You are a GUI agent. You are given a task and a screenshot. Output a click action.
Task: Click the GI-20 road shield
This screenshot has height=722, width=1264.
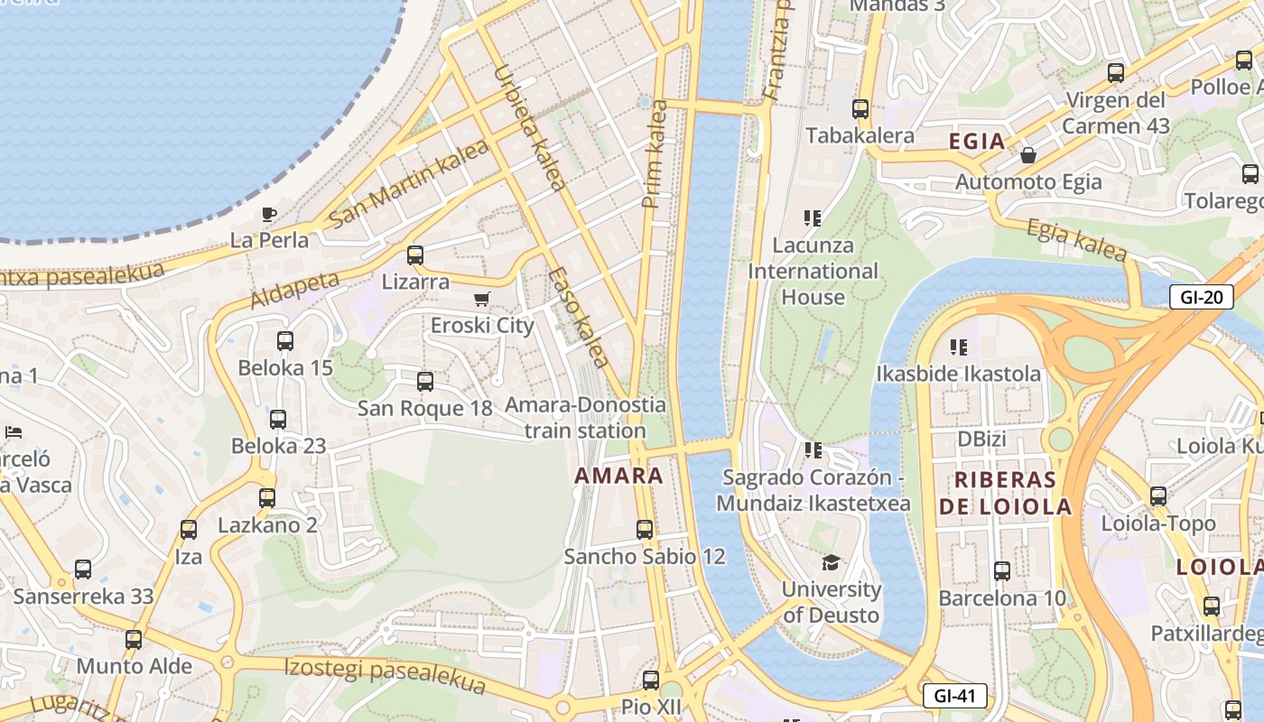pyautogui.click(x=1201, y=296)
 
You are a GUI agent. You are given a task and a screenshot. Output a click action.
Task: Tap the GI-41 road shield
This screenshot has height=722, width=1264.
pyautogui.click(x=954, y=696)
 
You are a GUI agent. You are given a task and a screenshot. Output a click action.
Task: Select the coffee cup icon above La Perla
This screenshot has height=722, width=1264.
pyautogui.click(x=268, y=215)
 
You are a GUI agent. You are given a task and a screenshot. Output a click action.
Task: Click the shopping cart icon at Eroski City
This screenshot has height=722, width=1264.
pyautogui.click(x=482, y=299)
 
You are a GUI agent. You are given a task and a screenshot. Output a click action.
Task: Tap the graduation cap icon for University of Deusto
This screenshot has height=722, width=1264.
pyautogui.click(x=831, y=563)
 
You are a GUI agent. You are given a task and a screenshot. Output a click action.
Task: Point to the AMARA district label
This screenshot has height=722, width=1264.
pyautogui.click(x=619, y=476)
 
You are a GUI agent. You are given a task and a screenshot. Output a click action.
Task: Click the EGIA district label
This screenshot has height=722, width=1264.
pyautogui.click(x=977, y=141)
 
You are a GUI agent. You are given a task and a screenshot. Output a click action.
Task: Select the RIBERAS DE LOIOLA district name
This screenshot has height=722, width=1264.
pyautogui.click(x=1005, y=493)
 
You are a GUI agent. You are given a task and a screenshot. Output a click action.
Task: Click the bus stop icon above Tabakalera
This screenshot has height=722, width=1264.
pyautogui.click(x=860, y=109)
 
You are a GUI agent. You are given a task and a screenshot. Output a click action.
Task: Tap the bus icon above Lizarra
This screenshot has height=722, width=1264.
pyautogui.click(x=415, y=255)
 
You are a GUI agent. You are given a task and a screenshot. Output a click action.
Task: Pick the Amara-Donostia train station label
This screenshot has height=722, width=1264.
pyautogui.click(x=585, y=418)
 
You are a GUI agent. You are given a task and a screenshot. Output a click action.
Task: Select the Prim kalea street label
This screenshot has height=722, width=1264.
pyautogui.click(x=655, y=154)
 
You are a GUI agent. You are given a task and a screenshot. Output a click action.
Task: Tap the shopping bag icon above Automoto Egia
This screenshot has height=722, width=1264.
pyautogui.click(x=1027, y=156)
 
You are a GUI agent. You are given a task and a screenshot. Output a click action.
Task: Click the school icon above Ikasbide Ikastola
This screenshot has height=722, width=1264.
pyautogui.click(x=958, y=347)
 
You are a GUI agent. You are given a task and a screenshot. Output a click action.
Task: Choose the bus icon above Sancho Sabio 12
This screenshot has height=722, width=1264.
pyautogui.click(x=645, y=530)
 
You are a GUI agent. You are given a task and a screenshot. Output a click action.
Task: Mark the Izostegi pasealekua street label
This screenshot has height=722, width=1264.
pyautogui.click(x=385, y=676)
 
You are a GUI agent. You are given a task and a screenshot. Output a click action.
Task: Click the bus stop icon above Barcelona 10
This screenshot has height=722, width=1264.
pyautogui.click(x=1001, y=570)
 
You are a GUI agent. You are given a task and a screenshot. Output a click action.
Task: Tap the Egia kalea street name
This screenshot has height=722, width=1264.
pyautogui.click(x=1076, y=241)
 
